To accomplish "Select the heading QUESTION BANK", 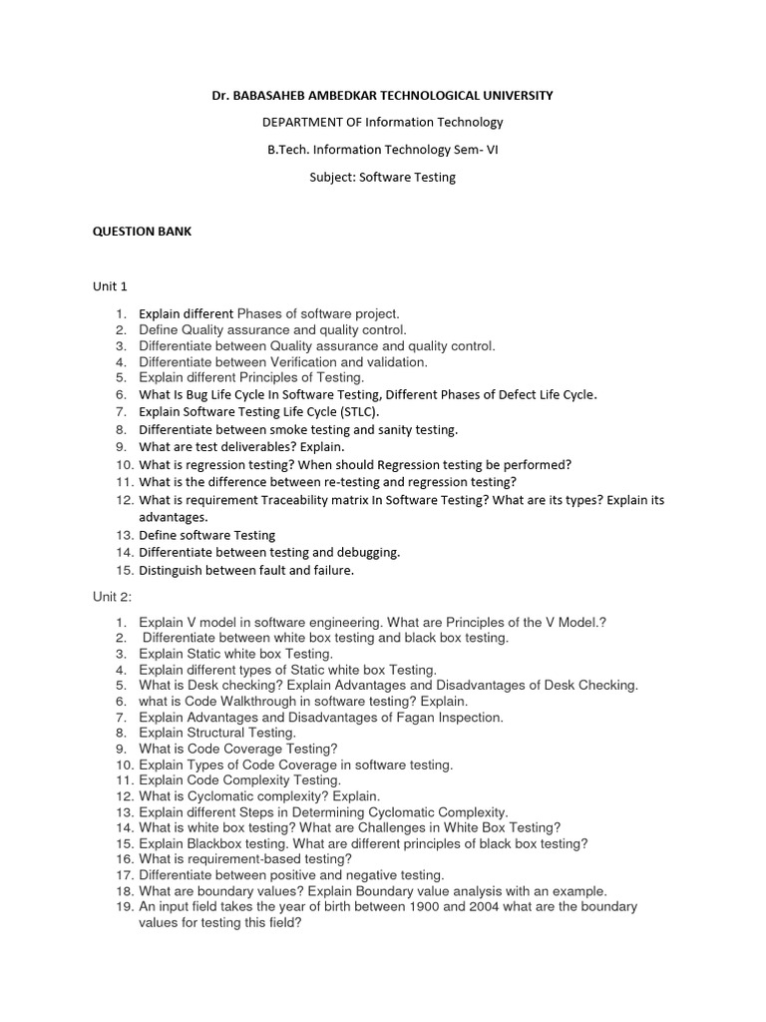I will pyautogui.click(x=142, y=231).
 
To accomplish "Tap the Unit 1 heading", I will pyautogui.click(x=110, y=286).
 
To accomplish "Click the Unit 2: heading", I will pyautogui.click(x=113, y=596).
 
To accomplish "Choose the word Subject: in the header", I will pyautogui.click(x=333, y=177).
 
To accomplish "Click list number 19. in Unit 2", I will pyautogui.click(x=123, y=907).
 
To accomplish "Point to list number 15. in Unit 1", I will pyautogui.click(x=123, y=571).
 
